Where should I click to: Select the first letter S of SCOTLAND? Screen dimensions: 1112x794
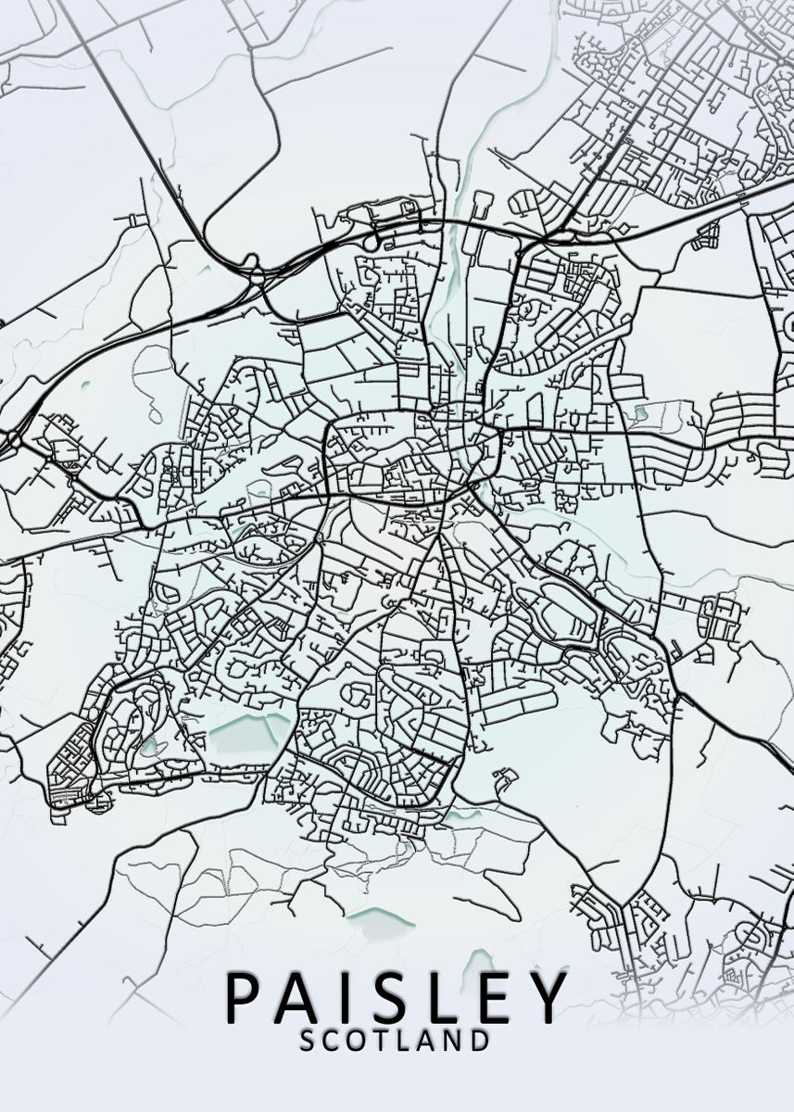coord(309,1041)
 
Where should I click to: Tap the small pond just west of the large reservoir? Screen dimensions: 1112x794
coord(149,746)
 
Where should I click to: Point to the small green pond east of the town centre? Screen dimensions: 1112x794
coord(639,411)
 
